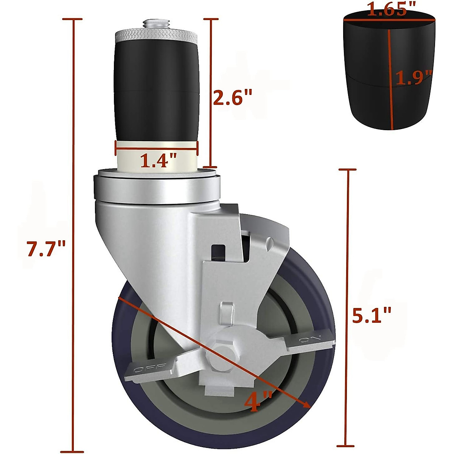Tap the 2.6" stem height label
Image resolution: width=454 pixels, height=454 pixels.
point(232,97)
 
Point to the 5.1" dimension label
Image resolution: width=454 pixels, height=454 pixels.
point(371,315)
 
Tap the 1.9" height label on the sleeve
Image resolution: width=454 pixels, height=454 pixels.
point(414,78)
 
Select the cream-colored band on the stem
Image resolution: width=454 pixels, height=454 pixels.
point(156,155)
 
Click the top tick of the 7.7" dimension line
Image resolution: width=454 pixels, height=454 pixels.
point(73,19)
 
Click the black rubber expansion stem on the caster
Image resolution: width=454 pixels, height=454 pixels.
point(156,91)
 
